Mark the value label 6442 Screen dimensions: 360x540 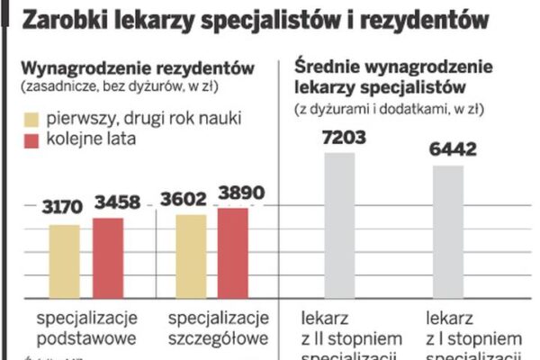point(447,150)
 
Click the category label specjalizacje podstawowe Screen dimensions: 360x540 point(86,328)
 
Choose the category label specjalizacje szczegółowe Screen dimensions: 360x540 point(218,328)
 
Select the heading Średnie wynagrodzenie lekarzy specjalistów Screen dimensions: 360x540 point(391,78)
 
